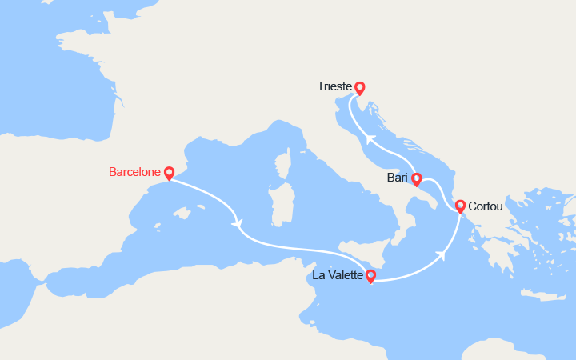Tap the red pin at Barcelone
point(169,173)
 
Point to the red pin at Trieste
point(360,88)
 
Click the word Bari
point(397,177)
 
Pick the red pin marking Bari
point(416,179)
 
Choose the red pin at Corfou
point(461,206)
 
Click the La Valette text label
point(336,277)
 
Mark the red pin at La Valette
point(370,276)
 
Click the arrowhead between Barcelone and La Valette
point(237,222)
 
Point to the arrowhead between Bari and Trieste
point(370,138)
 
